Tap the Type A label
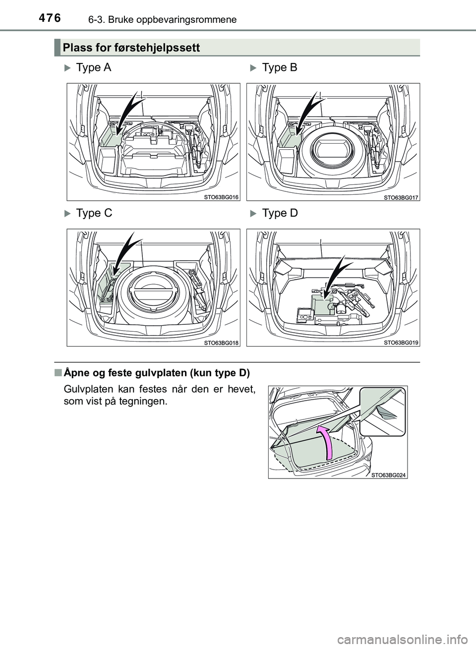coord(94,68)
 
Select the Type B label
coord(280,68)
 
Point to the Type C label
coord(94,213)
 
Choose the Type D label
coord(280,213)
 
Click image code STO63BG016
coord(221,197)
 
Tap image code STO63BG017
coord(401,197)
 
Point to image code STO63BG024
coord(388,474)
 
